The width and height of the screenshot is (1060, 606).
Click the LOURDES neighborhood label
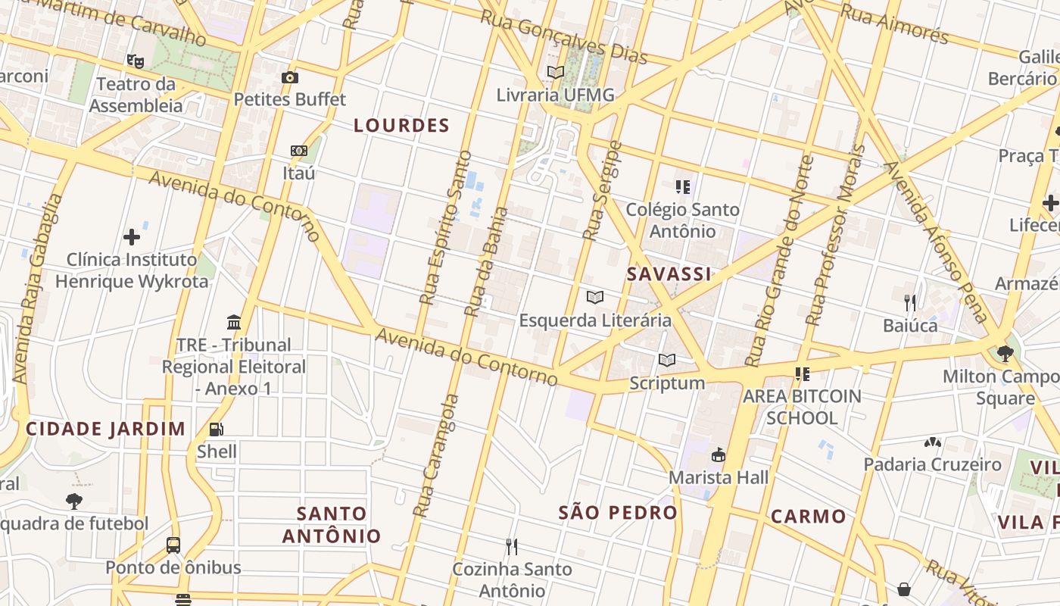point(401,126)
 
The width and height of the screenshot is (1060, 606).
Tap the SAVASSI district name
point(669,274)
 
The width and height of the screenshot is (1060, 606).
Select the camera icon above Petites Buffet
point(289,77)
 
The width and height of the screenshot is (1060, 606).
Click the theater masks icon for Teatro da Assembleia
point(136,61)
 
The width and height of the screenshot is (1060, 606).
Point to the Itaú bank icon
point(299,151)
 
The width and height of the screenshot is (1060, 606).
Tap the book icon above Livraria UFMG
point(556,73)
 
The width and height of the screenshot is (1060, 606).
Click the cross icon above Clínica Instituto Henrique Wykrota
point(132,237)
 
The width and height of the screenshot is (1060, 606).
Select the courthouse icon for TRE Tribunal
point(234,323)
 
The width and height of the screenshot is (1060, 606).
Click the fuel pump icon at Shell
point(217,430)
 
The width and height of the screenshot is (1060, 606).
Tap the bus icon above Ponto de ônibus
point(173,545)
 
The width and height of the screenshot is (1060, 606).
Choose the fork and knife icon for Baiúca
point(910,303)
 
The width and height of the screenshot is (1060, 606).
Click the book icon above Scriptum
point(666,361)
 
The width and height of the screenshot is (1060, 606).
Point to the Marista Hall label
point(718,477)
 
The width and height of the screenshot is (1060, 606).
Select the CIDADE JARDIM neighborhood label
point(106,429)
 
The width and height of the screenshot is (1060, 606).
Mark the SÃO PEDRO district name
point(618,512)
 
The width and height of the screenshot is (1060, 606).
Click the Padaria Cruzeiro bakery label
point(932,464)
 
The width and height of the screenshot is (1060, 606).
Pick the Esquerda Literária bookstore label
point(595,320)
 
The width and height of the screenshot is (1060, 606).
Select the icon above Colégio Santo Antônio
point(683,186)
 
